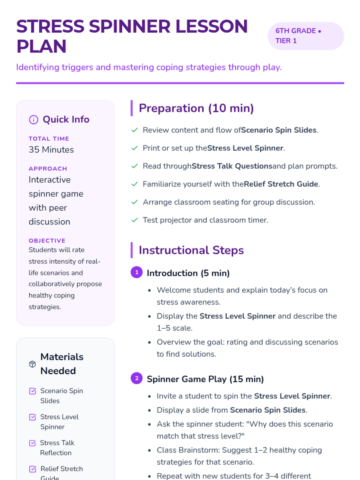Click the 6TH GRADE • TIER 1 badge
pyautogui.click(x=305, y=36)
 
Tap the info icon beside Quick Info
pyautogui.click(x=34, y=120)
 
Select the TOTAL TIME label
pyautogui.click(x=49, y=139)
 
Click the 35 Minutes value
pyautogui.click(x=51, y=150)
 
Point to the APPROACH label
pyautogui.click(x=48, y=169)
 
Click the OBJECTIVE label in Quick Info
pyautogui.click(x=47, y=241)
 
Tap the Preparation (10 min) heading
pyautogui.click(x=196, y=108)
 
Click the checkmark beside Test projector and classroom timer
pyautogui.click(x=135, y=220)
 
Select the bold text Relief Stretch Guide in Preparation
pyautogui.click(x=281, y=184)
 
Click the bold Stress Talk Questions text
pyautogui.click(x=232, y=166)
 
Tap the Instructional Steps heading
pyautogui.click(x=191, y=250)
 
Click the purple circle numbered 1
pyautogui.click(x=137, y=272)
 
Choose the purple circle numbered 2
pyautogui.click(x=137, y=378)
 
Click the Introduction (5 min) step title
pyautogui.click(x=188, y=273)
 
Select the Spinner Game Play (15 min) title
pyautogui.click(x=205, y=379)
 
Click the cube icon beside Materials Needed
pyautogui.click(x=32, y=364)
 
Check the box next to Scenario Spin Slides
pyautogui.click(x=32, y=391)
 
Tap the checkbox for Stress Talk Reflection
pyautogui.click(x=32, y=443)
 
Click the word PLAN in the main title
pyautogui.click(x=41, y=46)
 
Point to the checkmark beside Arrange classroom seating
pyautogui.click(x=135, y=202)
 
